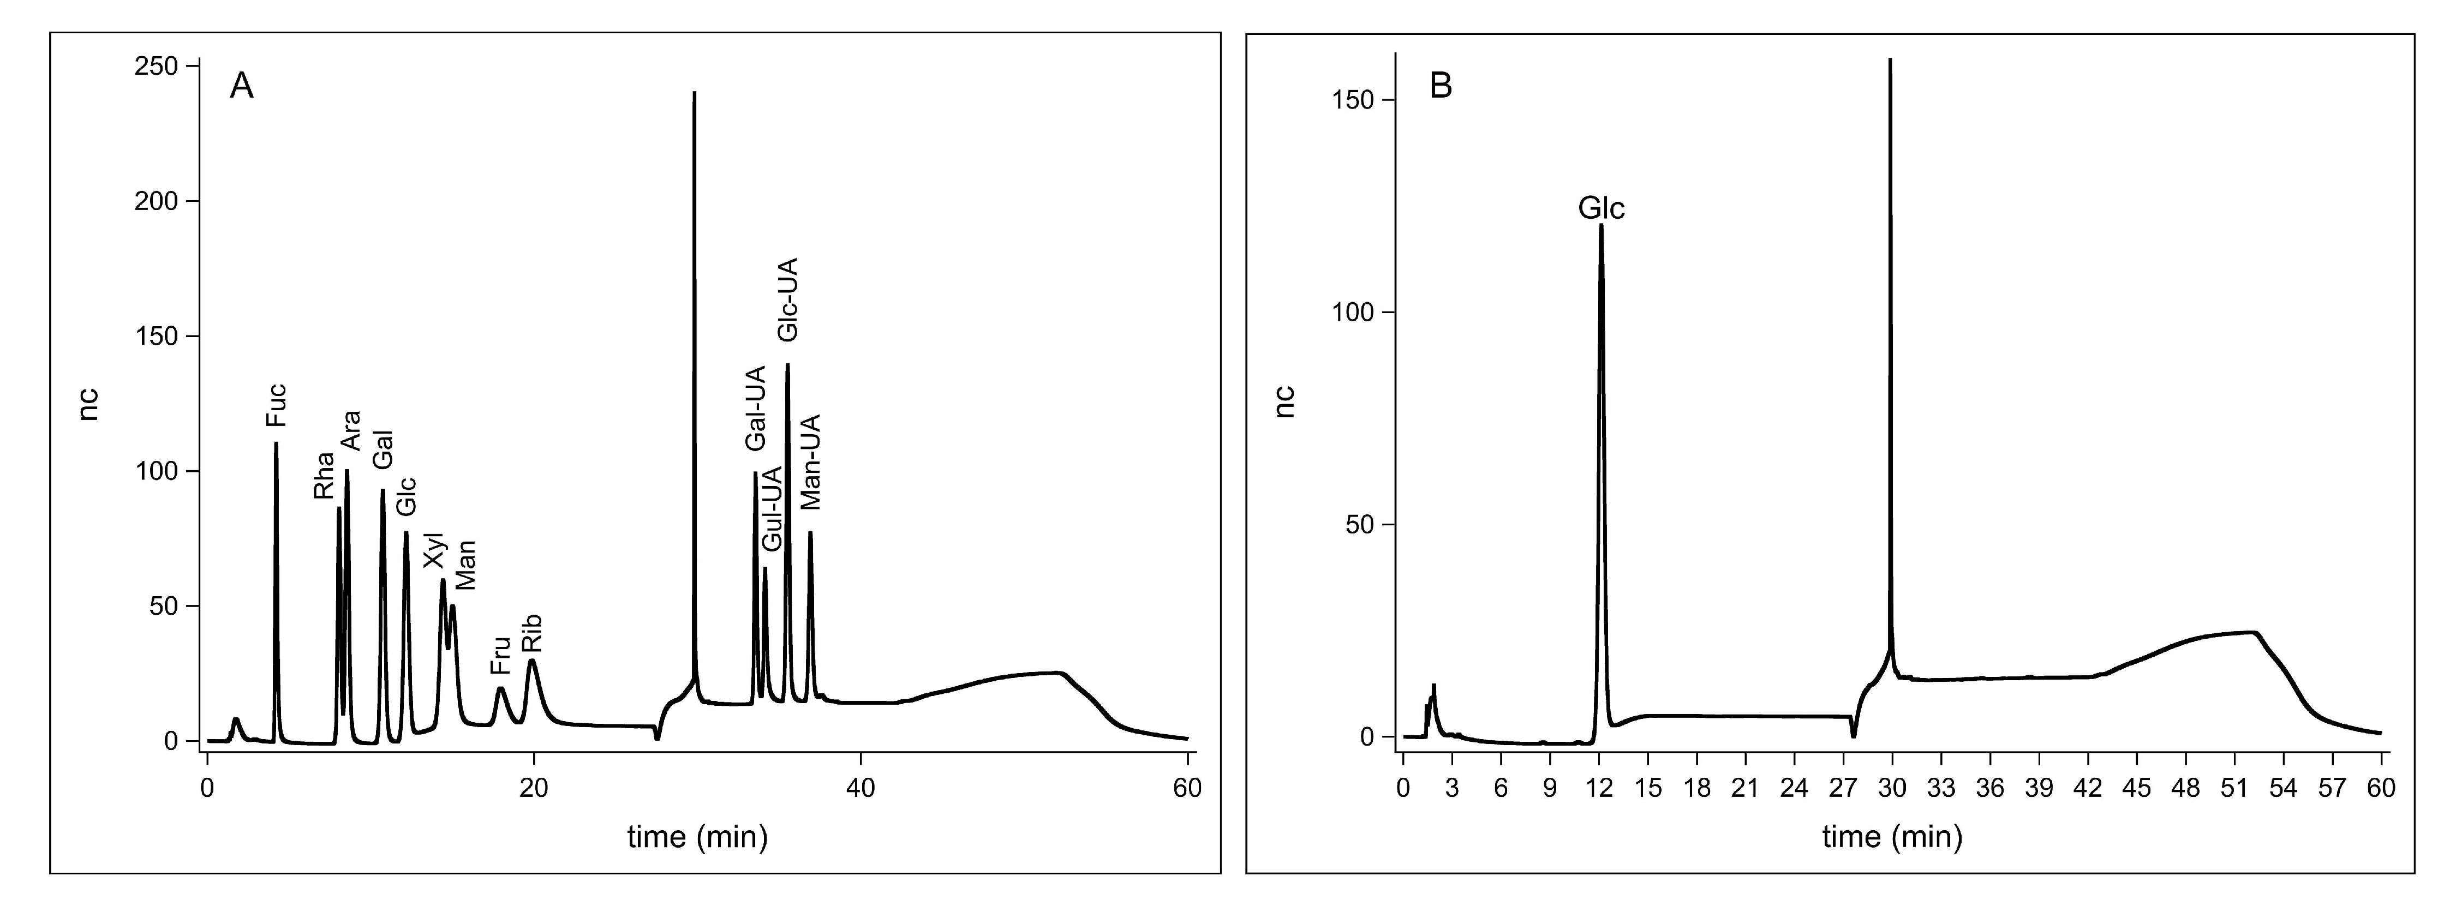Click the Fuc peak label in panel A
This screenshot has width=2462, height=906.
click(276, 405)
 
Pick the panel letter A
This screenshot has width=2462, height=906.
click(242, 87)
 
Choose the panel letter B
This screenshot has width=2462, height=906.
click(1441, 86)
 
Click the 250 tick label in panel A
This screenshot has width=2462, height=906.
click(158, 66)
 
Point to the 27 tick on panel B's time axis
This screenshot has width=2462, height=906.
click(1844, 788)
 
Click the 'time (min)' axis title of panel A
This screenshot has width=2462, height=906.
click(698, 837)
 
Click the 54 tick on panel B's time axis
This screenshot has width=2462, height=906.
click(2283, 788)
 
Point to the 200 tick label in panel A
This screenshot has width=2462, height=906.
click(158, 202)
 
